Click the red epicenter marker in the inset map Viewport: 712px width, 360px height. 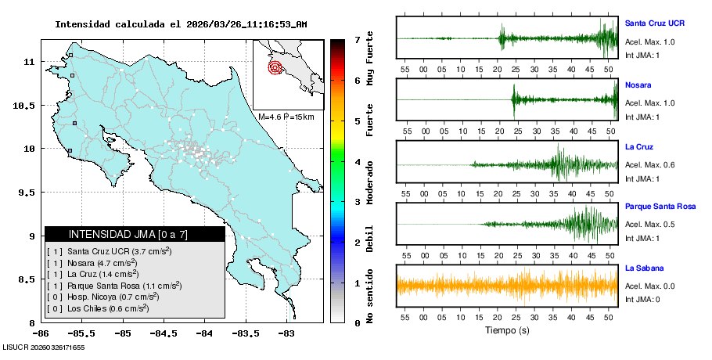pyautogui.click(x=275, y=67)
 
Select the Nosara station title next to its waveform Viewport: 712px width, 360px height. pyautogui.click(x=638, y=85)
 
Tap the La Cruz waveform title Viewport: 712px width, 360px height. pyautogui.click(x=639, y=146)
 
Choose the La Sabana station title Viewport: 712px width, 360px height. pyautogui.click(x=643, y=268)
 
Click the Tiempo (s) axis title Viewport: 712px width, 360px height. pyautogui.click(x=507, y=330)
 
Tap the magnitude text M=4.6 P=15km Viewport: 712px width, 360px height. pyautogui.click(x=286, y=117)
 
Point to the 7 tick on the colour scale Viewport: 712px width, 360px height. pyautogui.click(x=357, y=39)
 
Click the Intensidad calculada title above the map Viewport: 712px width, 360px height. pyautogui.click(x=181, y=24)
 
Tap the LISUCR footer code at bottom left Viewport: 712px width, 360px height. pyautogui.click(x=43, y=347)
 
